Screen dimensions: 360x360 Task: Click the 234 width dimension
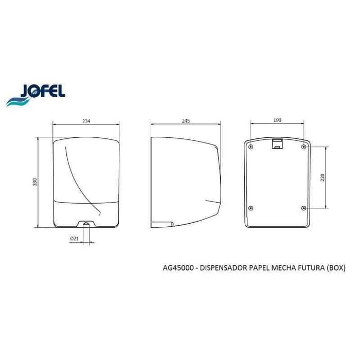[86, 121]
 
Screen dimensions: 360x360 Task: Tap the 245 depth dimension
[186, 121]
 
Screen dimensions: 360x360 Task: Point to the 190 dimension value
[277, 121]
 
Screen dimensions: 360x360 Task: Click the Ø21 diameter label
[74, 239]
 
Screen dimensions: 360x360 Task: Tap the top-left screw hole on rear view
[250, 147]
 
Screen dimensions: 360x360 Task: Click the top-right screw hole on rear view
[304, 147]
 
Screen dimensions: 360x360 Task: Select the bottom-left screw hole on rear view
[250, 208]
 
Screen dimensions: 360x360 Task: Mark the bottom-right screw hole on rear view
[304, 208]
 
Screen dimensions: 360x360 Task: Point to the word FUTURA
[308, 268]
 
